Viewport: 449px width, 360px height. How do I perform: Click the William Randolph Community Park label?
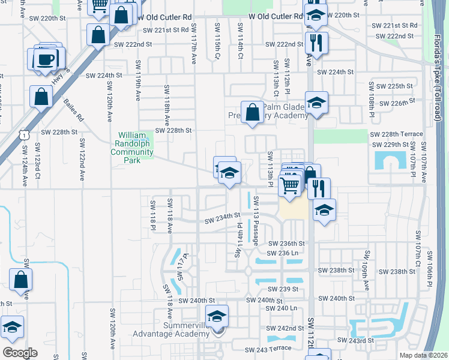point(136,148)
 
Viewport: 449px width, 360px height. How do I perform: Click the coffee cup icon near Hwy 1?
point(47,59)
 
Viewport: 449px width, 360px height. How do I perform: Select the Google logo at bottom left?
point(20,352)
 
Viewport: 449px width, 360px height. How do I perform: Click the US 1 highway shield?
point(23,136)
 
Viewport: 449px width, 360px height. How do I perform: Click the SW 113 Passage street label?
point(256,221)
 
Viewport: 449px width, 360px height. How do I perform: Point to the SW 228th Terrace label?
point(397,134)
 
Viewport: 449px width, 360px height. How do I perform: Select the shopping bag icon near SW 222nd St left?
point(97,35)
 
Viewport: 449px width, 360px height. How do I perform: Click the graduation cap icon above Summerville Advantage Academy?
point(217,315)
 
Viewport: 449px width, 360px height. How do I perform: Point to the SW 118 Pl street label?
point(153,215)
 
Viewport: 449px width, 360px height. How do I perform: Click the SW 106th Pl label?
point(430,271)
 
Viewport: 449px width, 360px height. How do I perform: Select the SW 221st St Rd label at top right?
point(394,26)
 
